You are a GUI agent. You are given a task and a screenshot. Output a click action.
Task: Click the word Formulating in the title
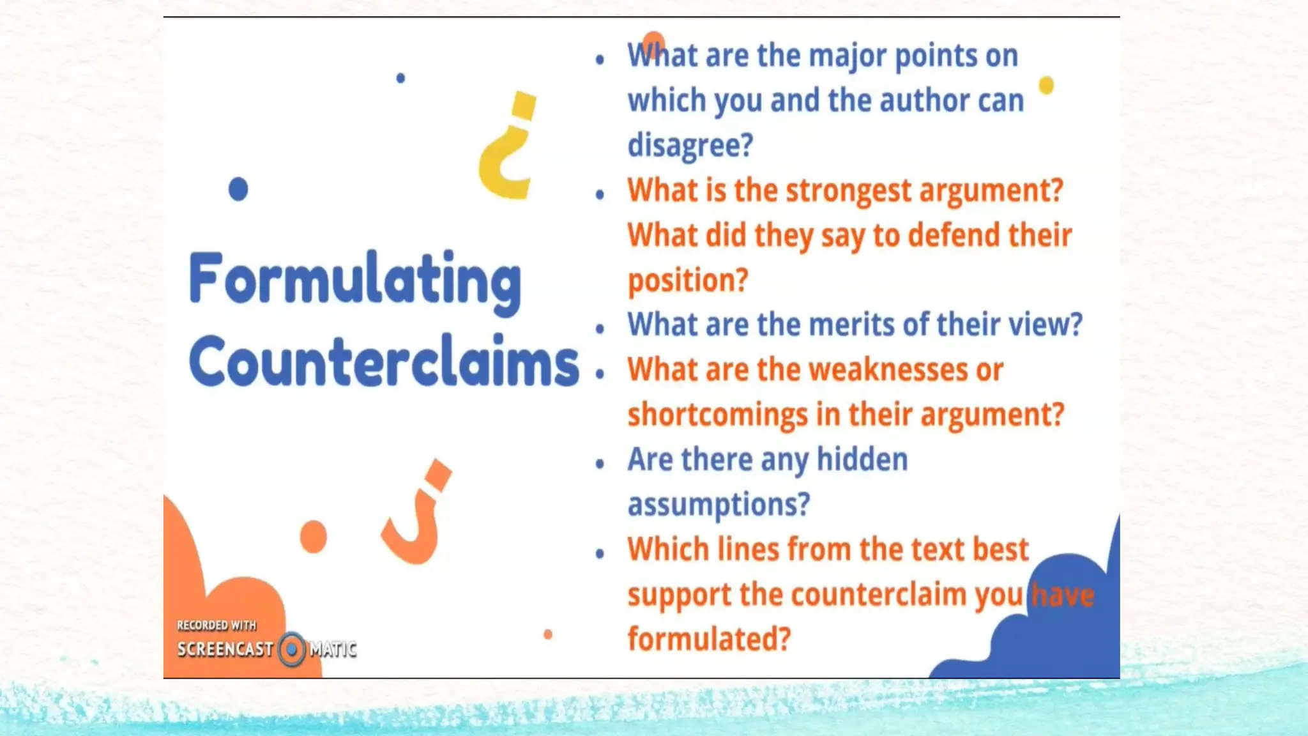(x=355, y=280)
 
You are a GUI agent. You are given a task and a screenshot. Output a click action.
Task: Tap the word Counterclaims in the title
(x=383, y=362)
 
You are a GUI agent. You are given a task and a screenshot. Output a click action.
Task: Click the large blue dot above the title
(x=238, y=189)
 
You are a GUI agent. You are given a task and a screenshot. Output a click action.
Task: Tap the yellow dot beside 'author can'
(x=1046, y=85)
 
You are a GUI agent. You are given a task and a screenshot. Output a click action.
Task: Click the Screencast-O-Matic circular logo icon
(x=292, y=649)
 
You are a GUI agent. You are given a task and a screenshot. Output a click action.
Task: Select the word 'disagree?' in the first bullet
(x=690, y=145)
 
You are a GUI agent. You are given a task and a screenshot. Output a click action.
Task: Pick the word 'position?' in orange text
(x=688, y=280)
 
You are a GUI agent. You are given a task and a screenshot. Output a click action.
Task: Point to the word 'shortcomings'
(x=718, y=415)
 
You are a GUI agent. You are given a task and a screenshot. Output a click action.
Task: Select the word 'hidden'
(x=862, y=459)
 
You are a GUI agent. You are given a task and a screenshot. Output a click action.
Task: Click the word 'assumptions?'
(x=719, y=504)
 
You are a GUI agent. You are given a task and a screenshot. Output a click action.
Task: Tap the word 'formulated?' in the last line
(x=709, y=639)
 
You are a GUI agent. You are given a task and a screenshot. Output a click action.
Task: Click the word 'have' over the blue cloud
(x=1063, y=595)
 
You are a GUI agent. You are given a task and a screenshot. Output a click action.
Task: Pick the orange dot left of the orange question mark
(x=314, y=537)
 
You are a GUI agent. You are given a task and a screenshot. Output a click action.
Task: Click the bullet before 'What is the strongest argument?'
(x=600, y=194)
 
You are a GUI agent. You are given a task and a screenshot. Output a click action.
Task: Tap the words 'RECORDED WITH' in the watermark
(x=217, y=625)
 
